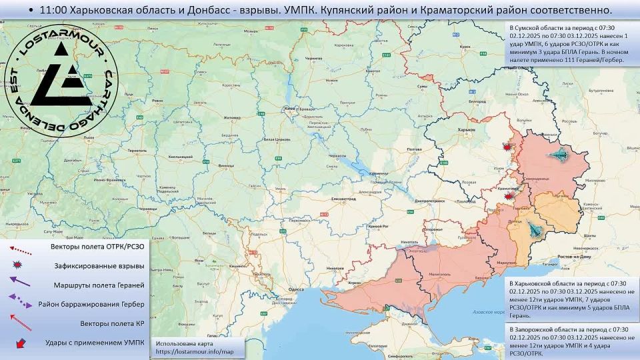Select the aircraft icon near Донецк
[535, 231]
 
